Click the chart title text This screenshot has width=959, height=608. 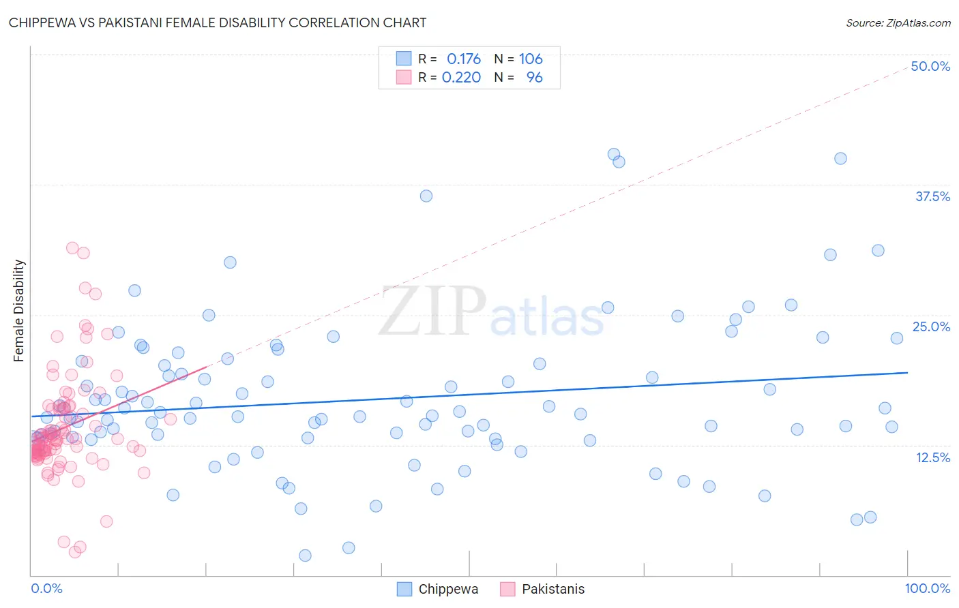218,22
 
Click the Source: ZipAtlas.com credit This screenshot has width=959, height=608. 898,22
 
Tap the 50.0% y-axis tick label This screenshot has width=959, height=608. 930,66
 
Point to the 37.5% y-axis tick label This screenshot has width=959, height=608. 932,196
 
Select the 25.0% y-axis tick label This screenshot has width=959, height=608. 931,326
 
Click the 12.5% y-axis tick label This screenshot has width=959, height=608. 932,457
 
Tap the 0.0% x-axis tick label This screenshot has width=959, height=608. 46,588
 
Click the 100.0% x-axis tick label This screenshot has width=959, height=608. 927,588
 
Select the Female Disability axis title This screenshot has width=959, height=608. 19,311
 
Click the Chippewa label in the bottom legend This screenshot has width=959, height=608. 448,589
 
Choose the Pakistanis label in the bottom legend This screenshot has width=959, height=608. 553,589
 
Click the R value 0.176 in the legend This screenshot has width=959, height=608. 464,59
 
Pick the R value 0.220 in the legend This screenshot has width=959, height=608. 461,77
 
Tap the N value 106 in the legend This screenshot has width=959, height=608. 531,59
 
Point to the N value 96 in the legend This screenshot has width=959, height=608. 535,77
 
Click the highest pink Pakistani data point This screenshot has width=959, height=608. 72,248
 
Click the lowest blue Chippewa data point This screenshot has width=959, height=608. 305,556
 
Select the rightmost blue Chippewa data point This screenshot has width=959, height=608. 897,338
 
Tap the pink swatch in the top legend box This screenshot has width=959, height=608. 404,77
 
